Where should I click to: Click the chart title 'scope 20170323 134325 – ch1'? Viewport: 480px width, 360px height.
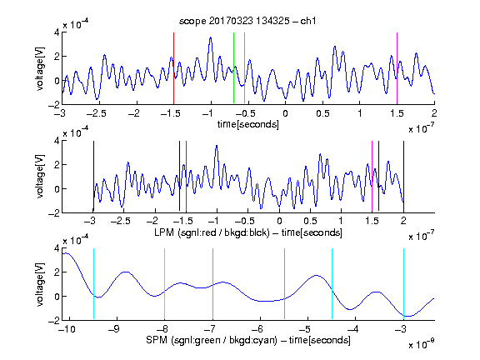tap(247, 21)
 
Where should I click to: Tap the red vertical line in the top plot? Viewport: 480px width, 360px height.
tap(173, 68)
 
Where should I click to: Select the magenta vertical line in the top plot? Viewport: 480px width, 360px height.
tap(397, 68)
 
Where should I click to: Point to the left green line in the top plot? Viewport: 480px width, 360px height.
tap(233, 68)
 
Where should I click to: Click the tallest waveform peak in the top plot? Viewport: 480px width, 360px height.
tap(210, 37)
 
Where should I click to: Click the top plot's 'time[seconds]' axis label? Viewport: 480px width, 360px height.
tap(248, 124)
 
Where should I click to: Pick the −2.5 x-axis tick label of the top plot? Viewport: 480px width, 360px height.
tap(97, 114)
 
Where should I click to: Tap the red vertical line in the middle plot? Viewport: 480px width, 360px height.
tap(186, 177)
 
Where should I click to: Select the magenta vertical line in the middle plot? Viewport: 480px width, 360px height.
tap(372, 177)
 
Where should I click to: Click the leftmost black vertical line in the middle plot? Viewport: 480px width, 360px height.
tap(93, 177)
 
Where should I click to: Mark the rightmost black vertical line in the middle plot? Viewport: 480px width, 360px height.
tap(403, 177)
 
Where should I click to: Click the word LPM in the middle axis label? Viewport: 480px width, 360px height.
tap(165, 232)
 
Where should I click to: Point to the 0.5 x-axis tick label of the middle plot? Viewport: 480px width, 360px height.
tap(310, 221)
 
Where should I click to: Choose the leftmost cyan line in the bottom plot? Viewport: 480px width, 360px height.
tap(93, 284)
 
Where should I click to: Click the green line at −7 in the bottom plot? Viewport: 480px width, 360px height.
tap(212, 284)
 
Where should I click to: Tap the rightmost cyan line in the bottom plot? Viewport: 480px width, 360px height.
tap(403, 284)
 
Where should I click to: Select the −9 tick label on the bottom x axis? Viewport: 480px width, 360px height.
tap(113, 329)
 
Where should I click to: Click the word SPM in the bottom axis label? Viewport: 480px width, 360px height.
tap(157, 340)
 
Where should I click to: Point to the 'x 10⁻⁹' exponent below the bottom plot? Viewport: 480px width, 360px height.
tap(422, 344)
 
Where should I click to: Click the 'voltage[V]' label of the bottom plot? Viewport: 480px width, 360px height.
tap(40, 284)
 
